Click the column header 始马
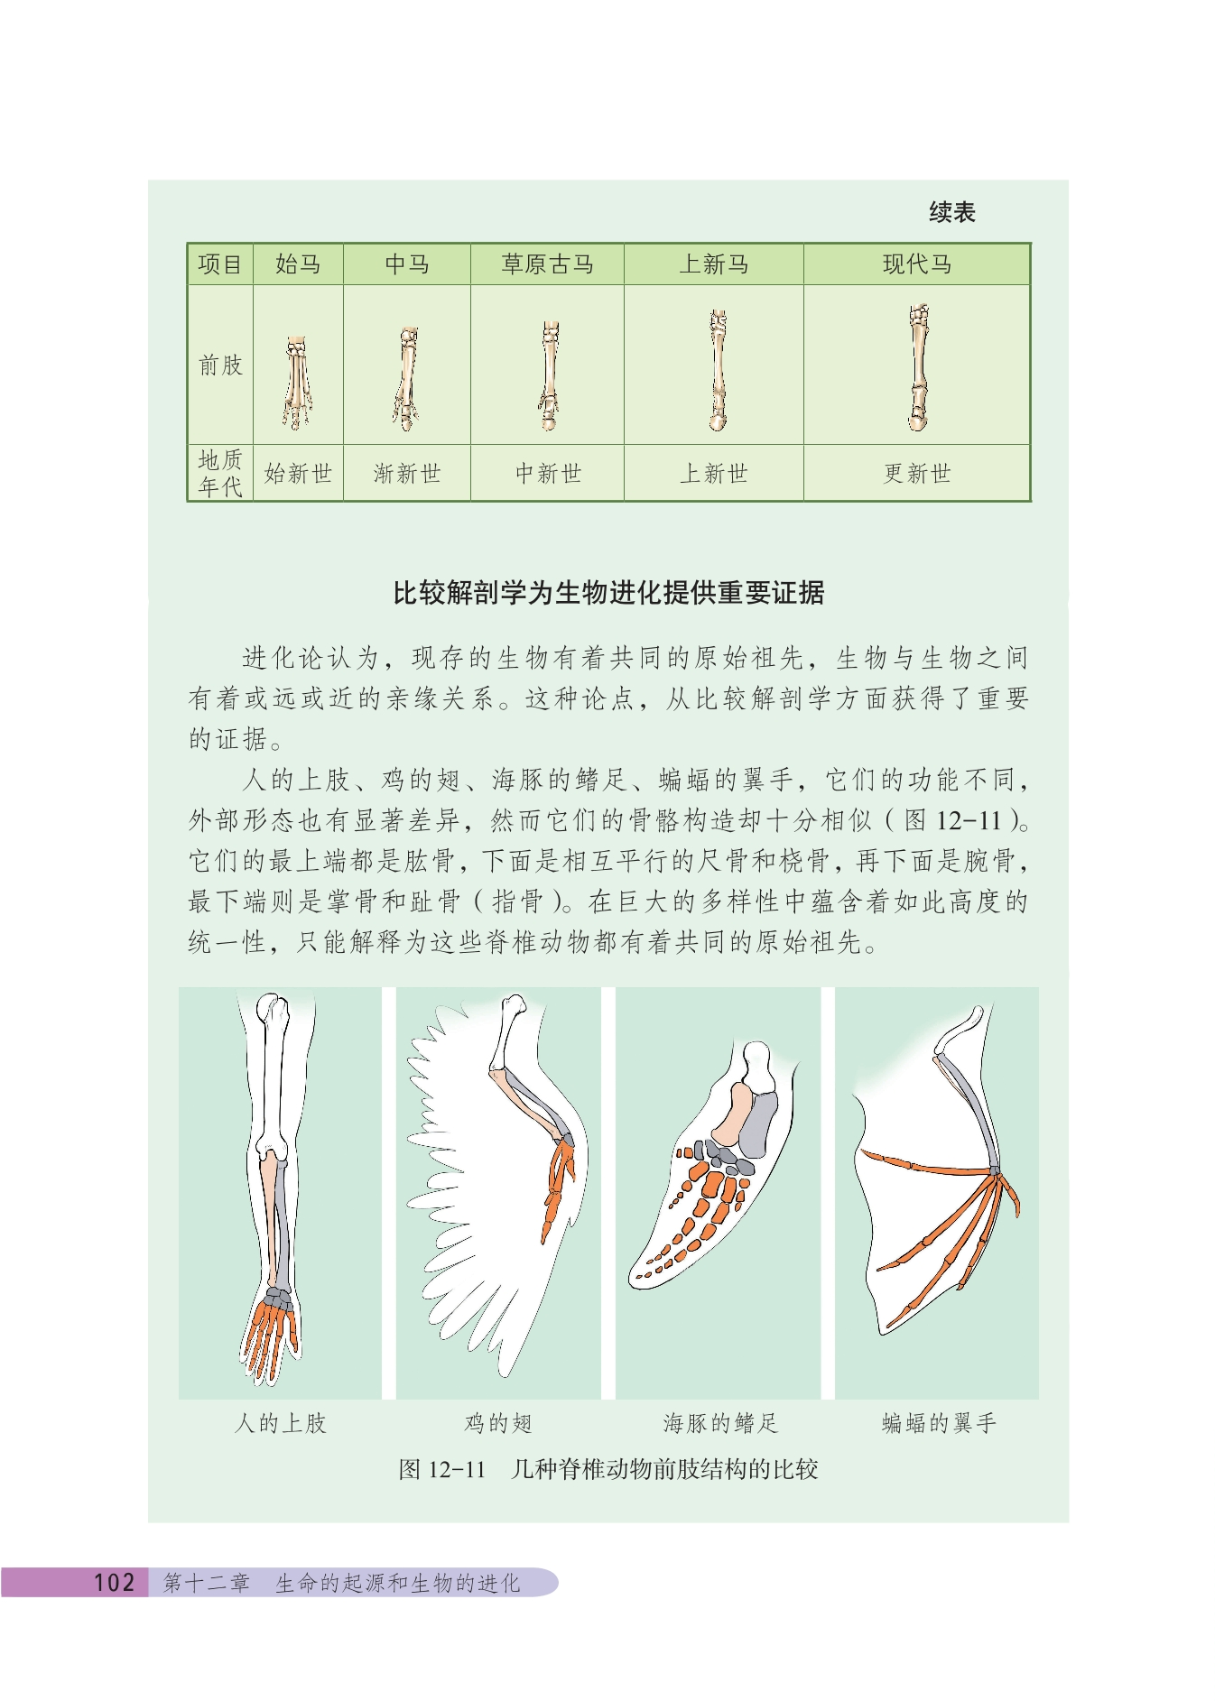[x=298, y=264]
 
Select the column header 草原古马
[x=547, y=264]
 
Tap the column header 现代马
[x=917, y=264]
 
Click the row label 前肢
[x=220, y=365]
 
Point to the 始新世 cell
[x=298, y=474]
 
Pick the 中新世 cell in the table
[x=548, y=474]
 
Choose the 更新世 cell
[x=917, y=474]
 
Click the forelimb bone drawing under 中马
[x=406, y=378]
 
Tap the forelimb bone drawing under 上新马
[x=718, y=370]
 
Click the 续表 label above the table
[x=952, y=213]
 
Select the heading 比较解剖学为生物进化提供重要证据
[x=608, y=593]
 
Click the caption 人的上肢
[x=280, y=1423]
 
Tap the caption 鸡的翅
[x=498, y=1423]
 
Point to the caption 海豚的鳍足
[x=719, y=1423]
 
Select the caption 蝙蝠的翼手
[x=939, y=1423]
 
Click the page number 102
[x=115, y=1582]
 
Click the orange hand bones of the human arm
[x=270, y=1336]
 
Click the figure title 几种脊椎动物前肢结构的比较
[x=664, y=1469]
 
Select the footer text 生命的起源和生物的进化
[x=398, y=1583]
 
